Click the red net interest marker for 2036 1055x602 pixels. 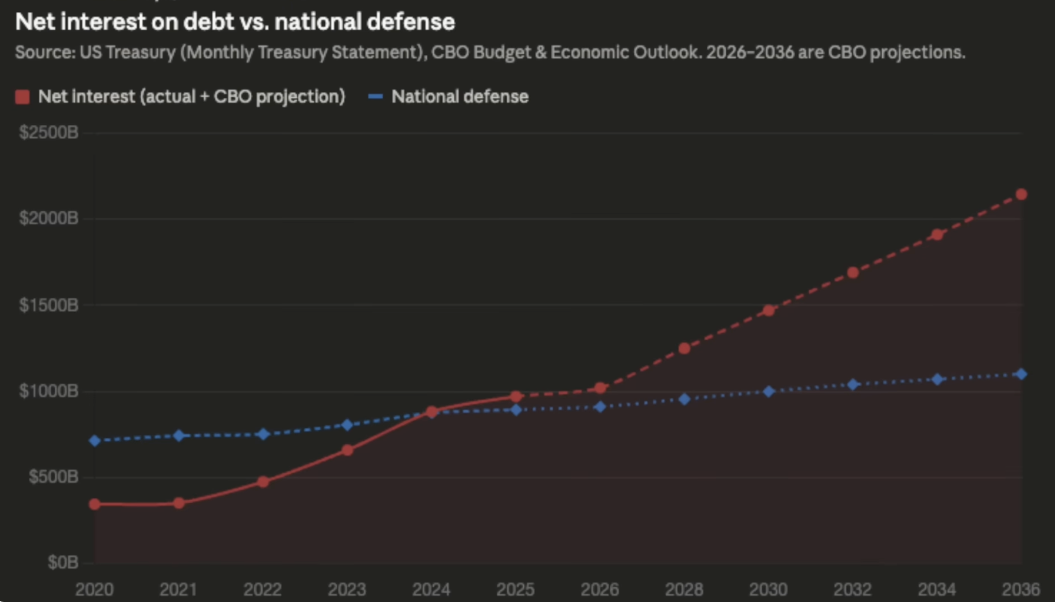[x=1021, y=195]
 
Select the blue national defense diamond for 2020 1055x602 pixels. [x=95, y=441]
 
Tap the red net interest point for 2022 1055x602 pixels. [x=263, y=482]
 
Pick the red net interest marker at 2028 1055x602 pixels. [x=684, y=349]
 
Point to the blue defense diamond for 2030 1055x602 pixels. [x=769, y=392]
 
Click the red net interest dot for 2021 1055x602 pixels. [x=179, y=503]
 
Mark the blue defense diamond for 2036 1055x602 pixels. [x=1021, y=374]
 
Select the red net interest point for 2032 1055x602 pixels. [x=853, y=273]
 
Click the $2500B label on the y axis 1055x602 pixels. [x=49, y=132]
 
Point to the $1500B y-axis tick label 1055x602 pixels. [x=49, y=305]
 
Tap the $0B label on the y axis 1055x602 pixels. [x=63, y=562]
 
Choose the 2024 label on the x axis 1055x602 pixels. [x=431, y=589]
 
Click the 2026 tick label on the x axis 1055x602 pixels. [x=600, y=589]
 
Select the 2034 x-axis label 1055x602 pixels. [x=937, y=589]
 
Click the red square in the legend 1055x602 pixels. [x=22, y=97]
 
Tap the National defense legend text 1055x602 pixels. [x=460, y=97]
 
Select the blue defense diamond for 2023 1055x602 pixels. [x=348, y=425]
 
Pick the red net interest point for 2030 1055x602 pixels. [x=769, y=311]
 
